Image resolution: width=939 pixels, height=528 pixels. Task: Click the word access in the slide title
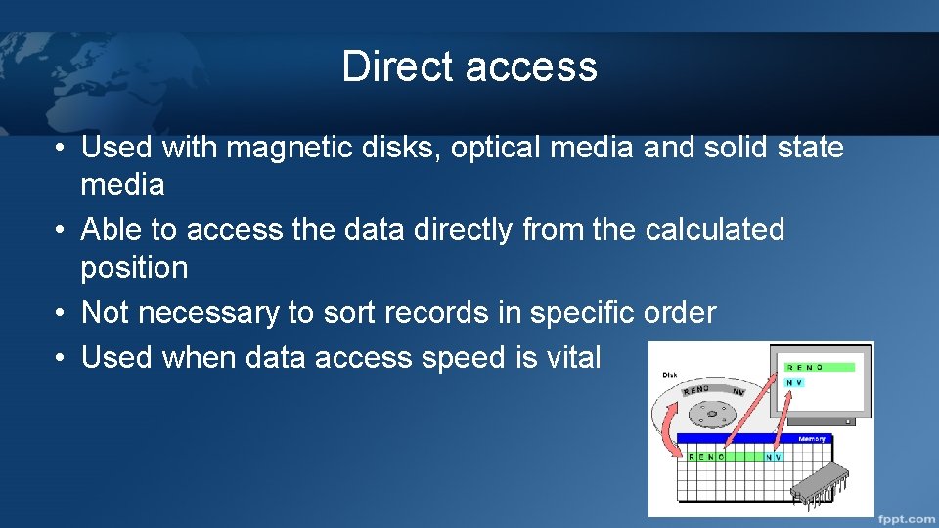(x=531, y=66)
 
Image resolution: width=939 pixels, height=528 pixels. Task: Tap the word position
(x=134, y=267)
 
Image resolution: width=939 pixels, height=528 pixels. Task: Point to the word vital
(x=573, y=357)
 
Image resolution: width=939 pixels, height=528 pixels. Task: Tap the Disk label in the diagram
(x=670, y=374)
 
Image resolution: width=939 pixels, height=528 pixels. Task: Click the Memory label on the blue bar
(x=812, y=439)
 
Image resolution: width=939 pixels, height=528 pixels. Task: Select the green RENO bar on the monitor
(x=820, y=367)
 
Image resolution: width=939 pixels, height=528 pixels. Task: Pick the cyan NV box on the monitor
(x=795, y=382)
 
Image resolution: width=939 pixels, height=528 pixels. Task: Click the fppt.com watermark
(x=906, y=516)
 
